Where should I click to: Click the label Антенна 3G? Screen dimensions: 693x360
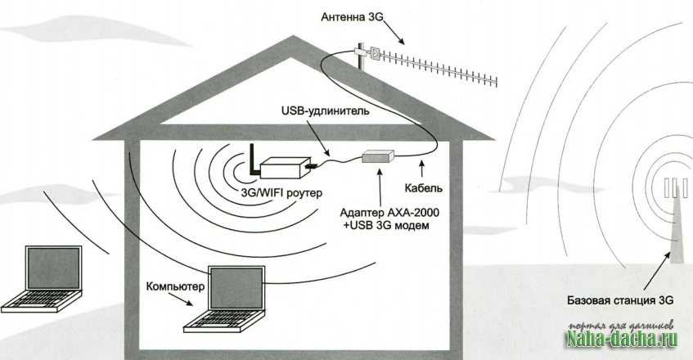pos(353,17)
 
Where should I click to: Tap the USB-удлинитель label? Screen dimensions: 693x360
pos(325,110)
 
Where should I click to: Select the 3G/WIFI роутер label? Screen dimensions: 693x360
pos(281,193)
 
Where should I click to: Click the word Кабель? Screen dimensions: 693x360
pos(423,188)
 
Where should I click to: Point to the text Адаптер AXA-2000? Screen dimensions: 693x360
pos(389,213)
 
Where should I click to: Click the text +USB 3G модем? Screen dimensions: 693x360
pos(386,225)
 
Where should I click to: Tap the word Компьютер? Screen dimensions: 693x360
pos(175,286)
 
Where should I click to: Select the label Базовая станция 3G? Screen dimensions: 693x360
pos(620,300)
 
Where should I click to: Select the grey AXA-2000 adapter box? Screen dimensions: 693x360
pos(378,156)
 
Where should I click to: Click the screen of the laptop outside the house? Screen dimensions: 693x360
pos(53,268)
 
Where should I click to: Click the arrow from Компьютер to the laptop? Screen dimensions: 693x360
pos(182,299)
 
